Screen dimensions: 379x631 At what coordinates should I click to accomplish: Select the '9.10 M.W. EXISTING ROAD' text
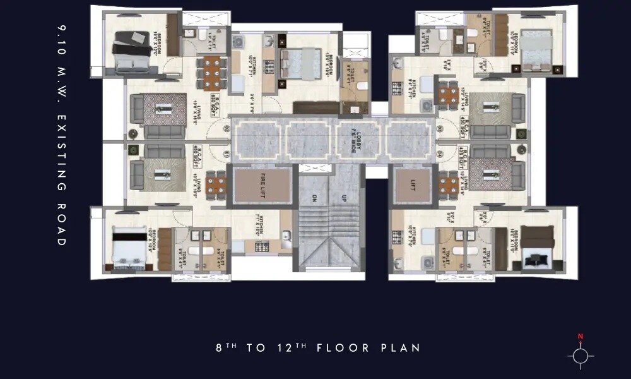coord(61,136)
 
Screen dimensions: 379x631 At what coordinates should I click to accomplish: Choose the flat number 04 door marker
coord(439,153)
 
